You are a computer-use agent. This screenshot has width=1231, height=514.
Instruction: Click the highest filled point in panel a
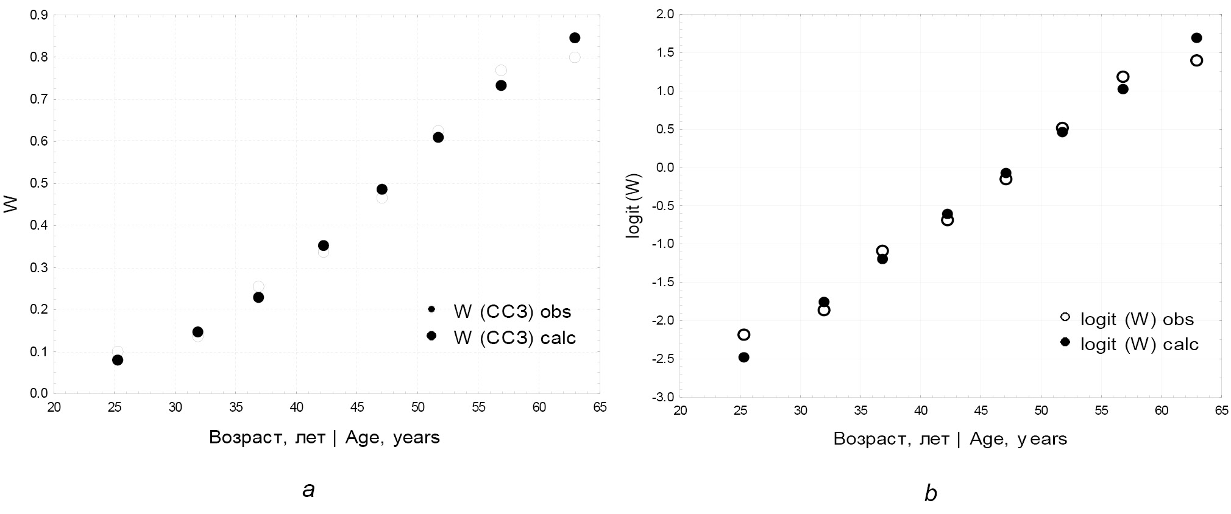[x=574, y=38]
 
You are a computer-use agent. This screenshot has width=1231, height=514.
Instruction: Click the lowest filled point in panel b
[x=743, y=357]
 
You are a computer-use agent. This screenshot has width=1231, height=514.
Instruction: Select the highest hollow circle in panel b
[x=1196, y=60]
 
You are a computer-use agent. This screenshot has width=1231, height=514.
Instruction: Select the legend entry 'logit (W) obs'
[x=1137, y=319]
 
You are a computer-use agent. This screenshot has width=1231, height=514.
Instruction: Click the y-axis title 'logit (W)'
[x=634, y=204]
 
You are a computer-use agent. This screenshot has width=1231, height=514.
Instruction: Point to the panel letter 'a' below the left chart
[x=309, y=489]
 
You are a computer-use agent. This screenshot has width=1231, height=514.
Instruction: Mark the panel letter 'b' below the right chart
[x=930, y=493]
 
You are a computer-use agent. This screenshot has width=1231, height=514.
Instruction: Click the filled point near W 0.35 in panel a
[x=324, y=245]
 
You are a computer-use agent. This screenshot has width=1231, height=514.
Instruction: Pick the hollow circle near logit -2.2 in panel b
[x=743, y=334]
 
